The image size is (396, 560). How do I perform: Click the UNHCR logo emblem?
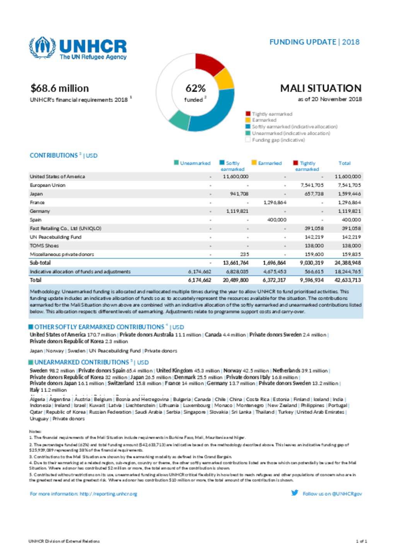(x=43, y=48)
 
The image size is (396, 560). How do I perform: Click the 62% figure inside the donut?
(x=195, y=89)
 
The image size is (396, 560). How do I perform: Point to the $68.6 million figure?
(x=60, y=89)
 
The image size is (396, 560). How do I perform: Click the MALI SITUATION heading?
(x=321, y=89)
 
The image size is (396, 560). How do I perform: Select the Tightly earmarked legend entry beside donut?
(x=272, y=114)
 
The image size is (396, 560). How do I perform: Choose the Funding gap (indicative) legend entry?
(x=278, y=140)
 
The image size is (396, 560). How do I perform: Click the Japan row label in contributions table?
(x=36, y=194)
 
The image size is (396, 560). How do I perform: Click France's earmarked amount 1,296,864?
(x=275, y=203)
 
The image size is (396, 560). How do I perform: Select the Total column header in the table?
(x=344, y=163)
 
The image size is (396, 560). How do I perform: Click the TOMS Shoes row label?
(x=44, y=246)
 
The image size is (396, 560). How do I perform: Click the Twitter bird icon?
(x=295, y=493)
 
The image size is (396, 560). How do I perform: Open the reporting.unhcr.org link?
(x=108, y=494)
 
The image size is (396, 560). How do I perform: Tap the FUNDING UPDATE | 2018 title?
(x=314, y=42)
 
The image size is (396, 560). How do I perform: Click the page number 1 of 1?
(x=361, y=541)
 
